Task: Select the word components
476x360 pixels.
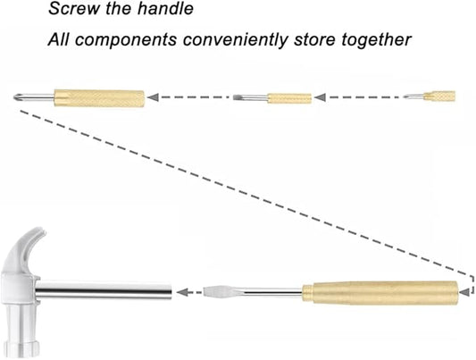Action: [x=126, y=41]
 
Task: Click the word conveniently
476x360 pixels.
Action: [x=235, y=40]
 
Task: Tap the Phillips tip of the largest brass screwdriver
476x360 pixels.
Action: [x=18, y=97]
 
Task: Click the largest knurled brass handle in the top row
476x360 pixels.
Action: [x=99, y=98]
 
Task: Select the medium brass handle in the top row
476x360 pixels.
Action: [x=289, y=98]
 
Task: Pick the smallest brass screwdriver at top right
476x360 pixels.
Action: [x=430, y=96]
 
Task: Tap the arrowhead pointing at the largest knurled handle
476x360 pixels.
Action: [x=153, y=97]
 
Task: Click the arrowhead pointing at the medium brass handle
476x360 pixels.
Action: [x=320, y=97]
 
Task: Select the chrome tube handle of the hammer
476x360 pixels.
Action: [x=104, y=291]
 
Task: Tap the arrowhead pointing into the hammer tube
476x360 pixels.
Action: [x=183, y=293]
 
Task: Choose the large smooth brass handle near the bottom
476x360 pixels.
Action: [x=380, y=293]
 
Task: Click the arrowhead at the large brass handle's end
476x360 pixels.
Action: [x=464, y=292]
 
